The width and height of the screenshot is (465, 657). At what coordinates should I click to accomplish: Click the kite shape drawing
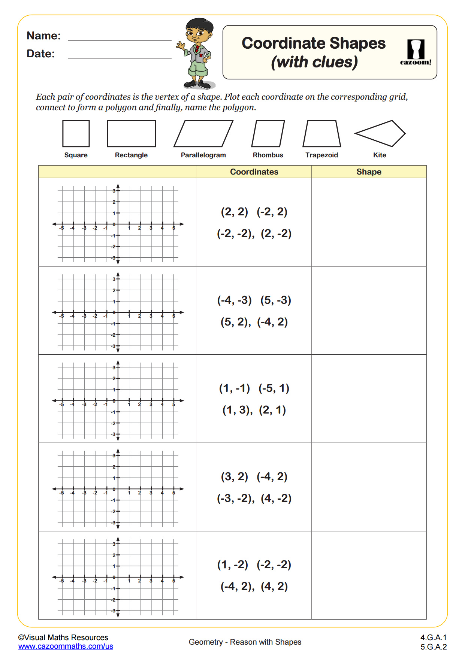380,133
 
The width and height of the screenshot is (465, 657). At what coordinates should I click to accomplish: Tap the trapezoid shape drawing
321,134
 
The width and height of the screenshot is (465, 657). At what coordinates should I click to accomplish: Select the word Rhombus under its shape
268,155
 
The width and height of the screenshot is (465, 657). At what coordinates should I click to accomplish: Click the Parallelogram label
203,155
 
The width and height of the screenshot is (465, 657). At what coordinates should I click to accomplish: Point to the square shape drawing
76,133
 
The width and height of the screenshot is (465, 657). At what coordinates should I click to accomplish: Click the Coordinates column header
254,172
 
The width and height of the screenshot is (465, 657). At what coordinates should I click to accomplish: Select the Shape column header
369,172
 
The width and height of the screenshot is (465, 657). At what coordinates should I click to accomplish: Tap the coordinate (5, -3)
276,300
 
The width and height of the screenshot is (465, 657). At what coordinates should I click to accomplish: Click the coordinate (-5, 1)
274,388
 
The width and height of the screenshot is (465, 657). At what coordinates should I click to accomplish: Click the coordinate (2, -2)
276,233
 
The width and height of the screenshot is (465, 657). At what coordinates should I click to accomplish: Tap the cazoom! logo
416,52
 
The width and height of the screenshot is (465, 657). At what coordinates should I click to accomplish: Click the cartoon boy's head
199,31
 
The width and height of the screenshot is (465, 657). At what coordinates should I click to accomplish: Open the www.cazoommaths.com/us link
66,646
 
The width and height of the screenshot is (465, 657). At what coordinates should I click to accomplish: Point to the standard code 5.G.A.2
434,647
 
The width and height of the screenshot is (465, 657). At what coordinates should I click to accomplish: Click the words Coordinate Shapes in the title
314,43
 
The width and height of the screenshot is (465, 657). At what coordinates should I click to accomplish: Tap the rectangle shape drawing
131,133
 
